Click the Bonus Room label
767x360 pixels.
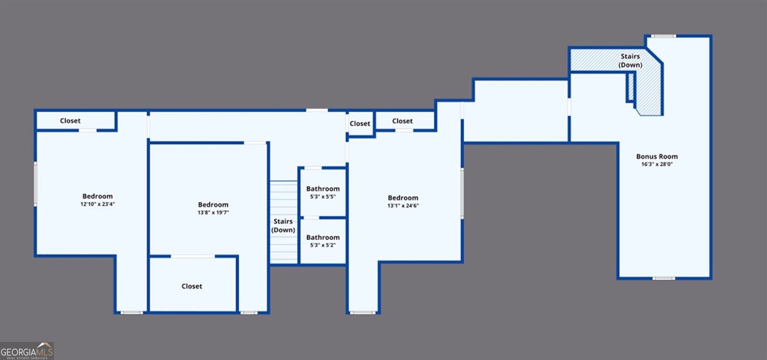click(657, 157)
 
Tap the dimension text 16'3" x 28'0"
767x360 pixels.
click(657, 164)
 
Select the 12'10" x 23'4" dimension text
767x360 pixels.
click(98, 204)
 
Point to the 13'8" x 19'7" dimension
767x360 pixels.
click(213, 212)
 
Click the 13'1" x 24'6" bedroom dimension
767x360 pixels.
click(403, 206)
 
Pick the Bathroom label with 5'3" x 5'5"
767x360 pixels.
click(323, 189)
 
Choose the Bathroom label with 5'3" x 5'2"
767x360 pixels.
click(323, 237)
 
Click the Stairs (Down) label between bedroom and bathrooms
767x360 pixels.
click(283, 226)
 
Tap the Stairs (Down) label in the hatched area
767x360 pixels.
click(630, 60)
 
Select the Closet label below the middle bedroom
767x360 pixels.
click(192, 286)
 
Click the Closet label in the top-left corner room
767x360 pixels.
click(70, 121)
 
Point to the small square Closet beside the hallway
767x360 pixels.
click(360, 124)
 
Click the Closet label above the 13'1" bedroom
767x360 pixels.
click(402, 121)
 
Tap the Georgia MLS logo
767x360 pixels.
click(27, 351)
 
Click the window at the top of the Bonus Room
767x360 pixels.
click(663, 36)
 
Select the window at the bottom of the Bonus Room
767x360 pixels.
click(663, 279)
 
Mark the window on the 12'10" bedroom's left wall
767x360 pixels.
click(35, 184)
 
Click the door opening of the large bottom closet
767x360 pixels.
click(193, 256)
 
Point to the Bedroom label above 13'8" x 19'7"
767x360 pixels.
click(213, 205)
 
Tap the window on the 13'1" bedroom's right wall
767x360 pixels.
click(462, 193)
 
